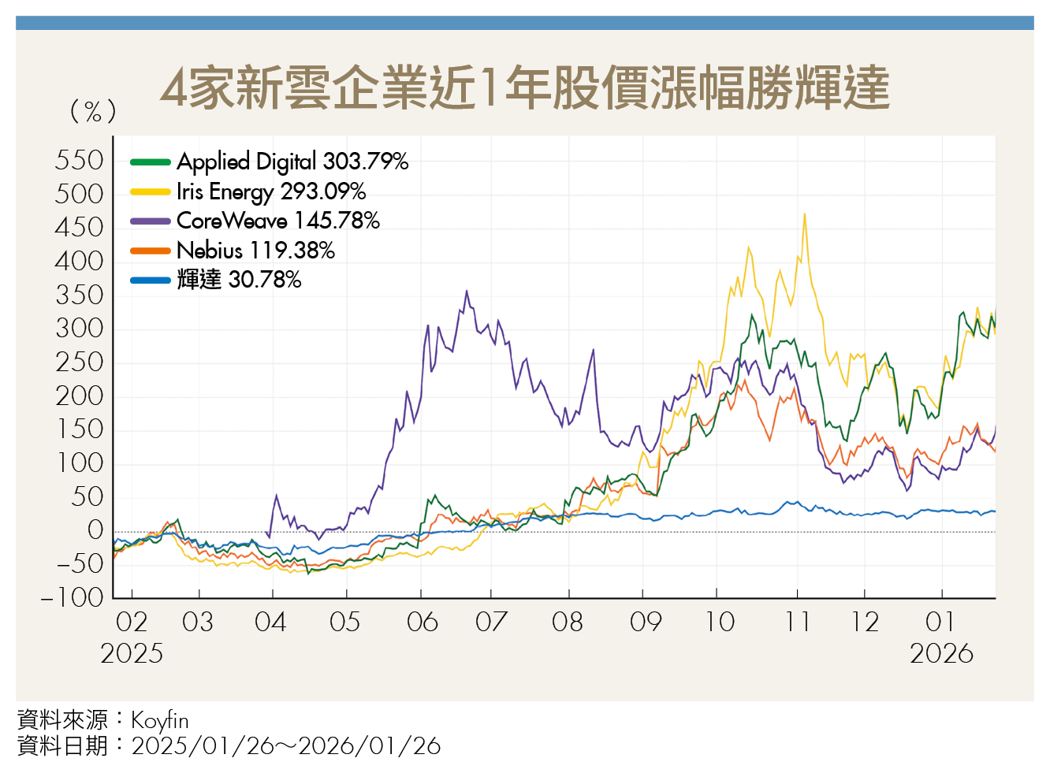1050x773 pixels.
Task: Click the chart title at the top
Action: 524,87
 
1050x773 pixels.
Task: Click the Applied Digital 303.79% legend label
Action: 292,162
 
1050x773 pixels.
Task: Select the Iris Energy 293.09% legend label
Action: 271,191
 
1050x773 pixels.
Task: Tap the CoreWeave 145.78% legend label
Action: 277,221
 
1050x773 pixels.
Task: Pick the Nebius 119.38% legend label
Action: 255,251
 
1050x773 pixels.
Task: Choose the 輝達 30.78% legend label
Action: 239,280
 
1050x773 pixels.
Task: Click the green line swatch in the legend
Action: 151,162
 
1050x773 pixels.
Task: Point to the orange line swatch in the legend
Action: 151,251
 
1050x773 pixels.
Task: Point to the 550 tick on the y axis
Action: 79,161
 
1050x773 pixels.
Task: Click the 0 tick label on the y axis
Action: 95,530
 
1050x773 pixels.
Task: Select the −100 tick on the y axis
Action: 73,597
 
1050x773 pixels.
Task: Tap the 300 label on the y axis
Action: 79,329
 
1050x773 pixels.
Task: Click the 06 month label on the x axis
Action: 422,622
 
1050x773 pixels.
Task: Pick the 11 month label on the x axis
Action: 798,622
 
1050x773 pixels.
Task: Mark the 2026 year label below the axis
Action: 941,653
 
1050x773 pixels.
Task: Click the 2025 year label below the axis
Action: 132,653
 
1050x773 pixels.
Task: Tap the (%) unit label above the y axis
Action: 93,111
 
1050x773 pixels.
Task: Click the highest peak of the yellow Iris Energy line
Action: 804,214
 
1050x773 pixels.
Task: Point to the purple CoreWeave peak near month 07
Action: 467,291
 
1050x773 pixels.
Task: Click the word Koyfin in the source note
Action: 160,720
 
